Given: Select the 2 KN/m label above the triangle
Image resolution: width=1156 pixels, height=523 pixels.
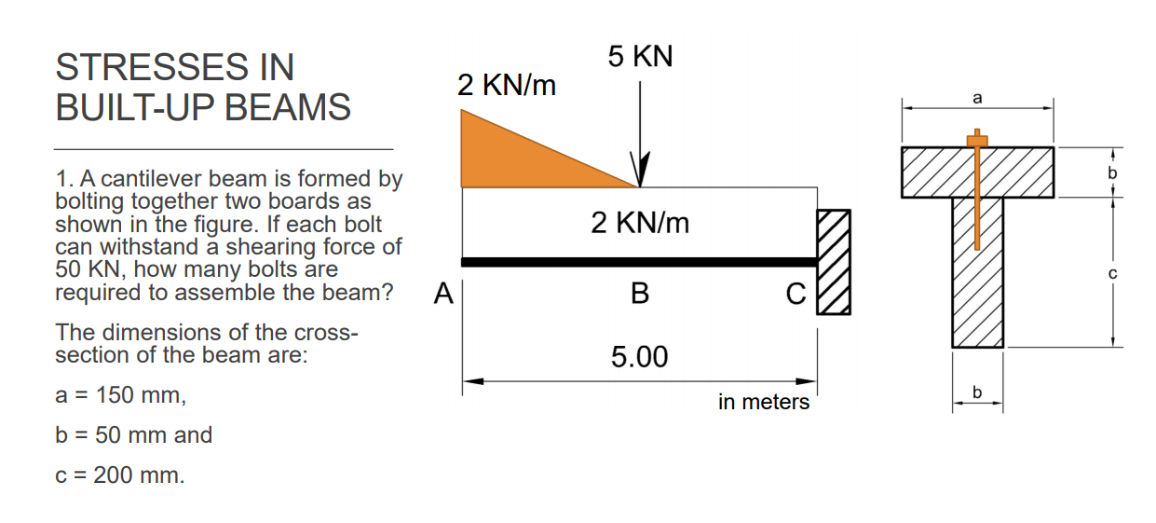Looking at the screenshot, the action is point(506,87).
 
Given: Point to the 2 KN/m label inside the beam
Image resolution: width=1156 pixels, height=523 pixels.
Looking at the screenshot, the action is point(640,223).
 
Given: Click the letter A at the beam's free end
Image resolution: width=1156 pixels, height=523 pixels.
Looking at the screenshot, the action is point(444,296).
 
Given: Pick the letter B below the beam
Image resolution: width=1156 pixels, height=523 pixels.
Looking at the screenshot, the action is point(639,296).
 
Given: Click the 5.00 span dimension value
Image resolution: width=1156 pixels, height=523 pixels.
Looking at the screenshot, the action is point(639,357).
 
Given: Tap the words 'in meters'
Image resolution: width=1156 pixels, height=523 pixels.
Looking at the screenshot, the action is point(764,402).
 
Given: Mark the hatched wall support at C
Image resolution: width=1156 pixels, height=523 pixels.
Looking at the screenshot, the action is point(834,262).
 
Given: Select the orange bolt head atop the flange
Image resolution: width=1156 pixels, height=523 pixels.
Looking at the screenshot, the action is point(976,141).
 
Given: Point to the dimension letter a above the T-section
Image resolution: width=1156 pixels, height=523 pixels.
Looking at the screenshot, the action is point(977,97).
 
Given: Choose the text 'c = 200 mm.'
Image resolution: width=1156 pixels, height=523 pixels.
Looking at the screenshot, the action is point(120,475).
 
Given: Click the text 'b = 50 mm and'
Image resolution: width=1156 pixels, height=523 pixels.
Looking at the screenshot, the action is point(134,435).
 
